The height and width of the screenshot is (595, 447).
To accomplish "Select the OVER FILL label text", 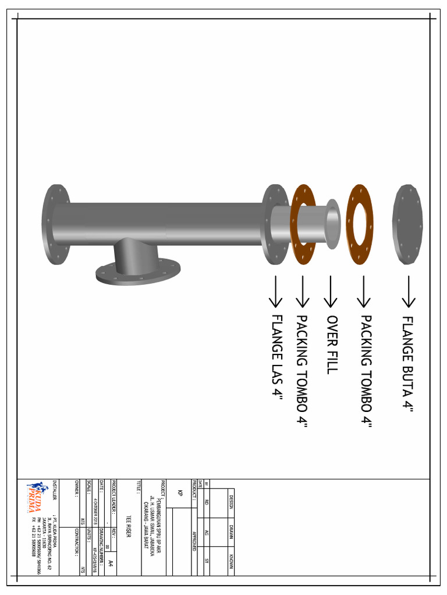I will [x=332, y=345].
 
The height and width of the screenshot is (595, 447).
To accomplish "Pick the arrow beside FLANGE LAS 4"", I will [x=275, y=292].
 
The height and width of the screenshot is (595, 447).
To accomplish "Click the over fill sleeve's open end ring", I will [x=333, y=224].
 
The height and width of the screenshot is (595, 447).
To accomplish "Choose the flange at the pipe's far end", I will [x=56, y=224].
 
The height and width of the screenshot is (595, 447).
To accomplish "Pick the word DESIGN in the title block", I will [x=231, y=501].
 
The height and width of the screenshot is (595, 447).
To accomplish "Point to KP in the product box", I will [x=180, y=493].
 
